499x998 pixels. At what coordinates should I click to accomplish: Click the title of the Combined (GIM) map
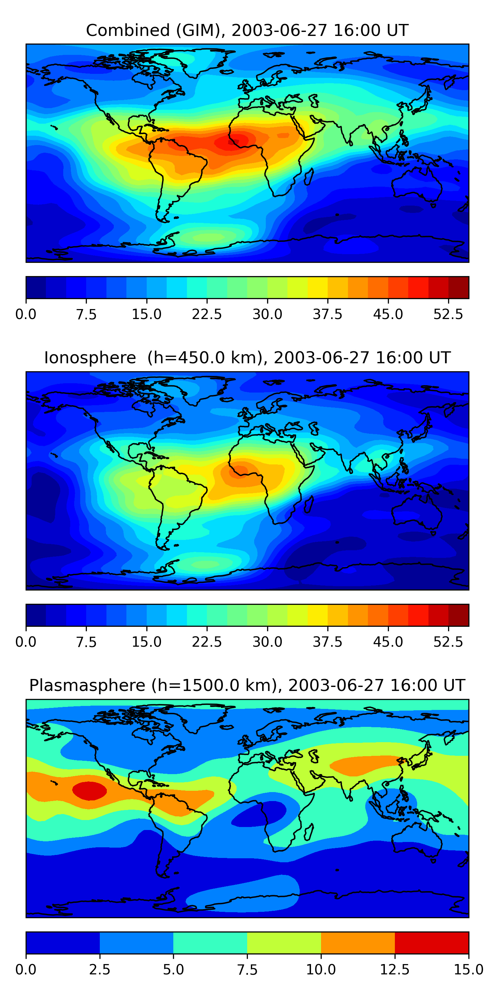coord(247,30)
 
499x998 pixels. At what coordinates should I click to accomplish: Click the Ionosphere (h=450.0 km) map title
coord(247,358)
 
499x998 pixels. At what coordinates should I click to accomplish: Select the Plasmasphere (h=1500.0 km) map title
coord(247,685)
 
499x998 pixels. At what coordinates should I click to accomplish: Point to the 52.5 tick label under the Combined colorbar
coord(448,314)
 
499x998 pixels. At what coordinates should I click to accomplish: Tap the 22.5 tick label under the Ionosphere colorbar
coord(207,642)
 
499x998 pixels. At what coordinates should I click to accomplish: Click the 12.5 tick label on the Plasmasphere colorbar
coord(395,969)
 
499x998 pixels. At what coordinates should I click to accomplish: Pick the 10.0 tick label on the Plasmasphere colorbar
coord(321,969)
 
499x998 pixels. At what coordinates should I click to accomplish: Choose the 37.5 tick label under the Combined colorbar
coord(327,314)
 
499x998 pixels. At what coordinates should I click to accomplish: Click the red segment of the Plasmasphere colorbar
coord(431,942)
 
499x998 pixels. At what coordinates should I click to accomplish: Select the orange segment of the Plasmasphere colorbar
coord(358,942)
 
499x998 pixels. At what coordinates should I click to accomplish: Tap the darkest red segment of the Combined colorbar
coord(458,287)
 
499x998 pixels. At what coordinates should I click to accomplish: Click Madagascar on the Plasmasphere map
coord(309,831)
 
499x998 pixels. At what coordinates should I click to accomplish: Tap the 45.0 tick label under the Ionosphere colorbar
coord(388,642)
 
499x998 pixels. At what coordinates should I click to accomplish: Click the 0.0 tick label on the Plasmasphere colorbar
coord(26,969)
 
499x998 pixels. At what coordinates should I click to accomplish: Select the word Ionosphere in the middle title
coord(90,358)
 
